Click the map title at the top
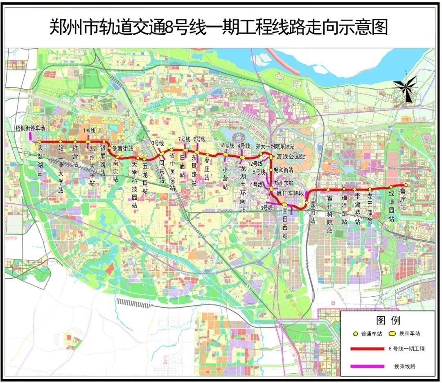click(x=219, y=27)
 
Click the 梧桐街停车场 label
click(x=30, y=128)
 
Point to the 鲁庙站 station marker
click(x=406, y=185)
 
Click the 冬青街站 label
click(x=122, y=148)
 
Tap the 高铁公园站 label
click(x=291, y=156)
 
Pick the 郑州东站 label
click(x=284, y=182)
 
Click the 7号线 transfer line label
click(x=185, y=139)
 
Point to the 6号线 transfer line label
click(x=228, y=145)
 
